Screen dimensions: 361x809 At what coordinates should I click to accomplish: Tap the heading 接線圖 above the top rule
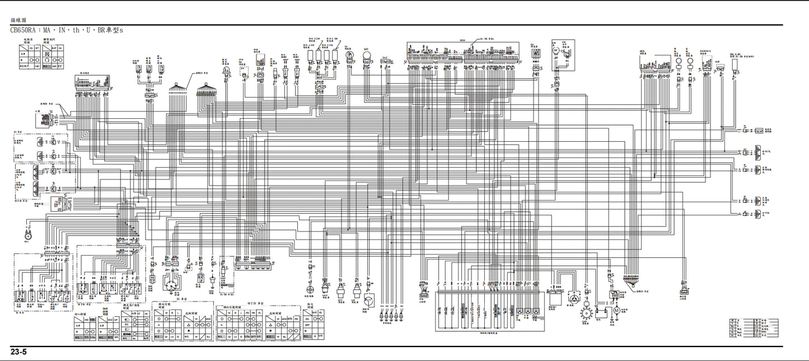(18, 20)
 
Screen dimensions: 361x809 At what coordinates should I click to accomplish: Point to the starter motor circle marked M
(616, 309)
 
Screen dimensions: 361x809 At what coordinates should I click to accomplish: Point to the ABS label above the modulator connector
(642, 49)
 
